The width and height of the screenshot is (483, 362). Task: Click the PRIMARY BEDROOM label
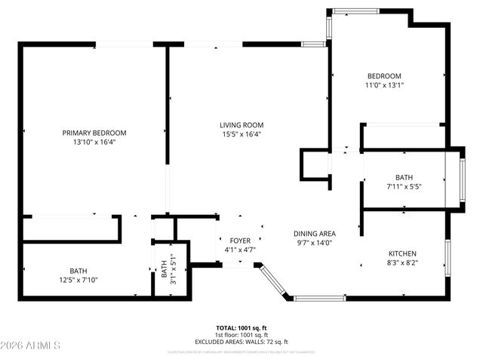tap(94, 133)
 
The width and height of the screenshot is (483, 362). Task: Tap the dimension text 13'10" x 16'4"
tap(94, 142)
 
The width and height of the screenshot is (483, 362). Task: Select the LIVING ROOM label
tap(241, 125)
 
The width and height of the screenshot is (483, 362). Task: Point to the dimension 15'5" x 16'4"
tap(241, 134)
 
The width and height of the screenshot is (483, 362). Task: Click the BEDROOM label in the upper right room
tap(384, 75)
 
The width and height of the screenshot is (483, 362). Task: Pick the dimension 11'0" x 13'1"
tap(384, 84)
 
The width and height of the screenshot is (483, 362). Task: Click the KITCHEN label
tap(401, 253)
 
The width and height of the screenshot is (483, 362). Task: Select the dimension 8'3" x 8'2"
tap(401, 263)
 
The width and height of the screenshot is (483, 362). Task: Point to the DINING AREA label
tap(314, 233)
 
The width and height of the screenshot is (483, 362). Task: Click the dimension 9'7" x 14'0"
tap(314, 243)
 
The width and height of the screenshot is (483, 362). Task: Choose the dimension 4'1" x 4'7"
tap(240, 249)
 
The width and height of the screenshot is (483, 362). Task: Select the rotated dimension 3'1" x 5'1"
tap(172, 268)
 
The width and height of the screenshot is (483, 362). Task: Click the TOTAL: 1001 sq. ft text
tap(241, 328)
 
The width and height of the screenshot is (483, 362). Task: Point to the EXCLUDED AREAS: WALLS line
tap(241, 342)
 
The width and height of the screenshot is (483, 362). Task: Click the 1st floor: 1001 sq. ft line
tap(241, 335)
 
